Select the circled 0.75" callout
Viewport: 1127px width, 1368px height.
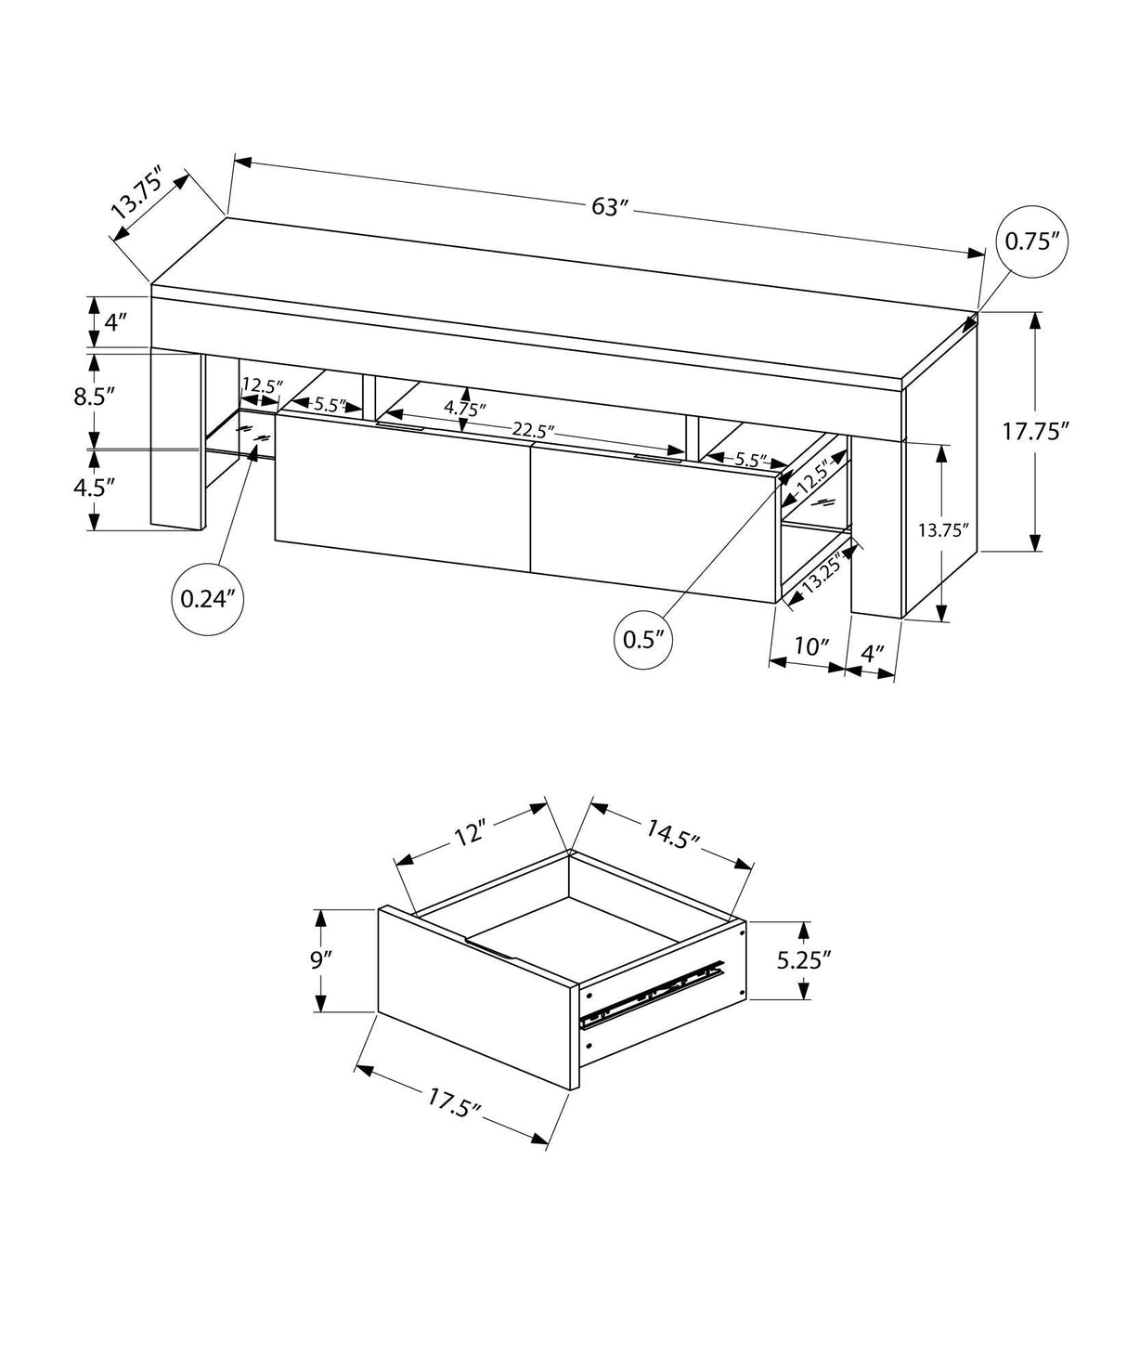[1032, 241]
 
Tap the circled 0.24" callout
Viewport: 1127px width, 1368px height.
[210, 599]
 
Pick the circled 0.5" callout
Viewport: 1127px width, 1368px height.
[644, 639]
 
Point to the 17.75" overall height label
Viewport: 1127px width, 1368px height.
[1037, 431]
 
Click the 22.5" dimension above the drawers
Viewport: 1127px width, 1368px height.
[533, 430]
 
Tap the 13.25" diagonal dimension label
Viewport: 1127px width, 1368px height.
[821, 574]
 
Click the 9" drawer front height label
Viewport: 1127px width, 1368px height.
[321, 959]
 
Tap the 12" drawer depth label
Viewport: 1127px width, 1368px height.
[471, 833]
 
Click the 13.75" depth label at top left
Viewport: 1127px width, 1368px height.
[136, 193]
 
